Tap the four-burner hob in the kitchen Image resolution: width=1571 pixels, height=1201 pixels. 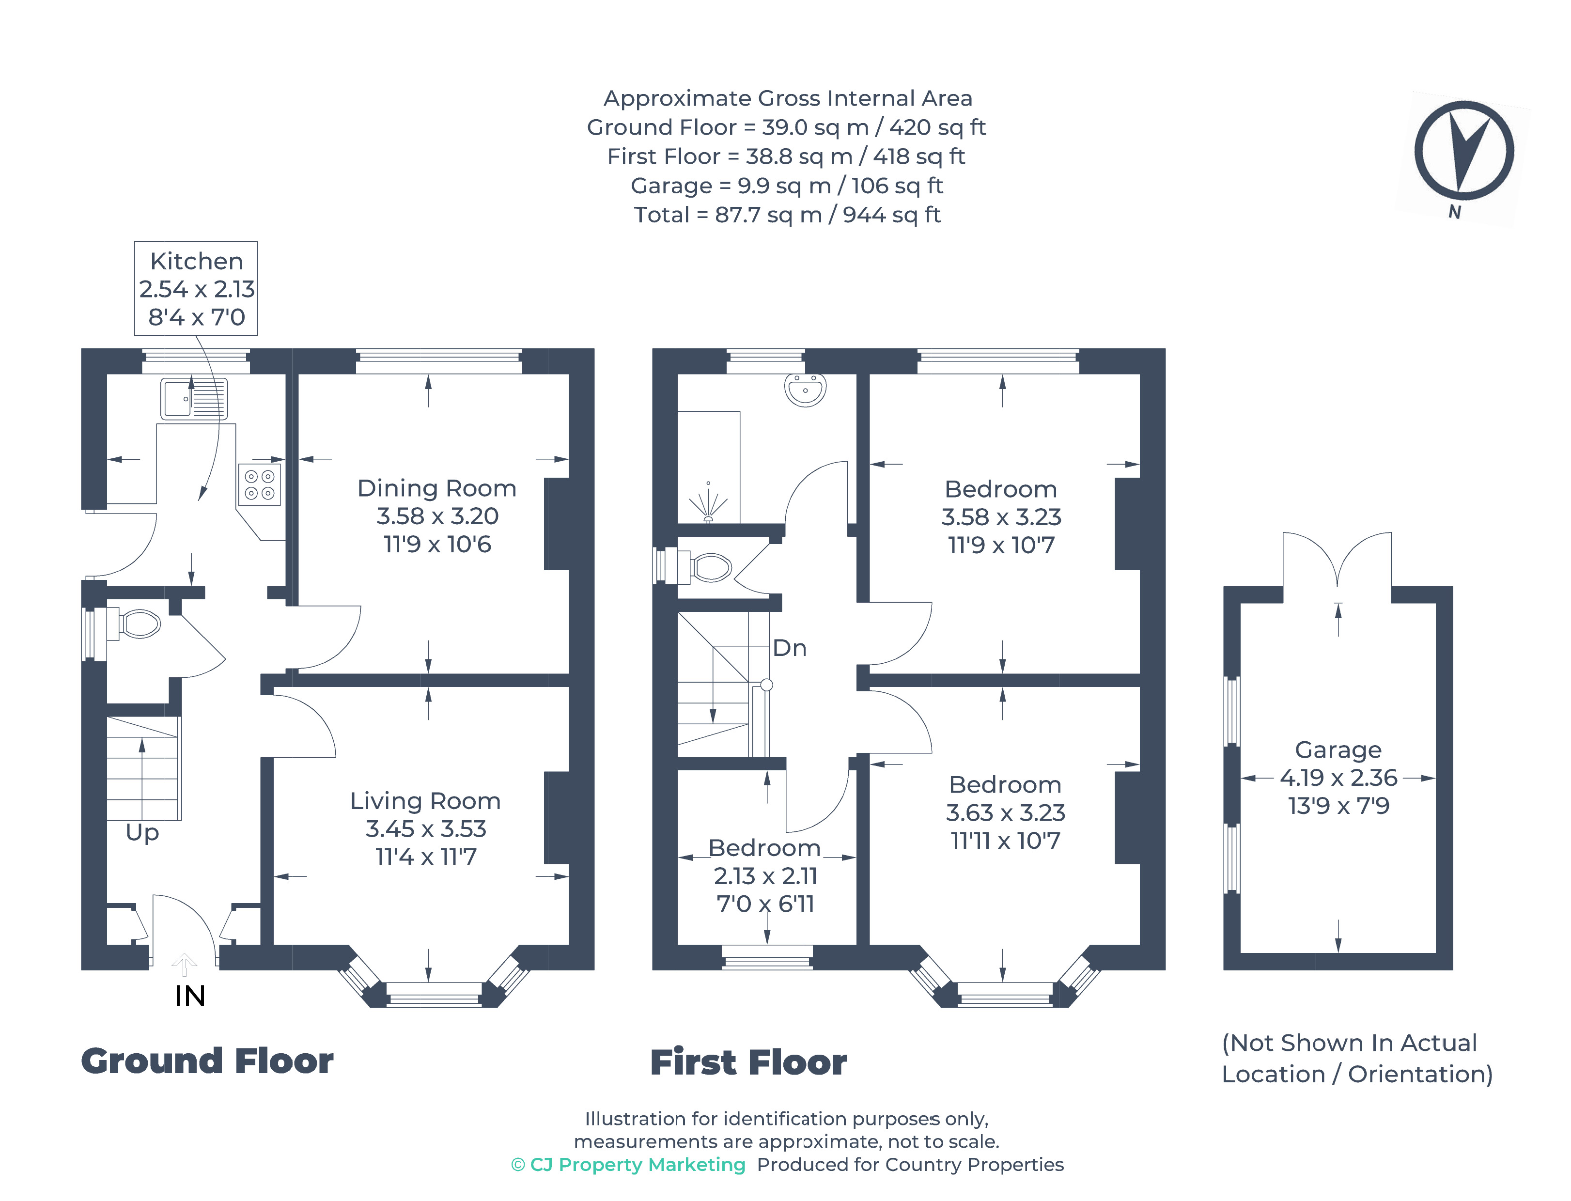pos(260,484)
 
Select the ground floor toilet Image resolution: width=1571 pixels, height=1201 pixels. pos(138,624)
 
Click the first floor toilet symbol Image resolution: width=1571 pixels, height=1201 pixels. pos(710,568)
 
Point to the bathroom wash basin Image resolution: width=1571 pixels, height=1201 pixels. pos(806,390)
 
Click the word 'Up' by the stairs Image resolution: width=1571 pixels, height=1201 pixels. pos(142,832)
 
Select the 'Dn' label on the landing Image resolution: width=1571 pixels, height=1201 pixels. pos(790,648)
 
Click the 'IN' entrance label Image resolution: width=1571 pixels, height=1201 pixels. pos(189,996)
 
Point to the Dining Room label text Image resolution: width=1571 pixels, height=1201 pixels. pos(436,488)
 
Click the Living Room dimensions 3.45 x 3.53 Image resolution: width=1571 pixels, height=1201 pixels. pos(425,828)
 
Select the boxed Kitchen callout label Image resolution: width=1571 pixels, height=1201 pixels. pos(196,288)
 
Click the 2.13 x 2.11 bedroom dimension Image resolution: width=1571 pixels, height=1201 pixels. pos(765,876)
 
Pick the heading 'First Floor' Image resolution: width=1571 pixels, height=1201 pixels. pos(748,1062)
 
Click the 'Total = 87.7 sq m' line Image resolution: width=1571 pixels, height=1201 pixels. pos(786,215)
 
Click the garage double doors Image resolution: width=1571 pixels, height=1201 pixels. pos(1337,561)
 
